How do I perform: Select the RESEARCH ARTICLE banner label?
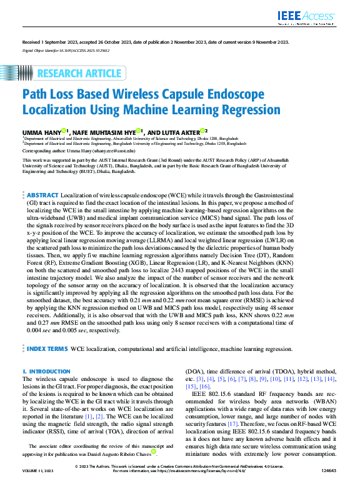coord(81,74)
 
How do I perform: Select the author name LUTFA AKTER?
coord(176,132)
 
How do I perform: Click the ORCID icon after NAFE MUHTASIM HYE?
coord(138,131)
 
